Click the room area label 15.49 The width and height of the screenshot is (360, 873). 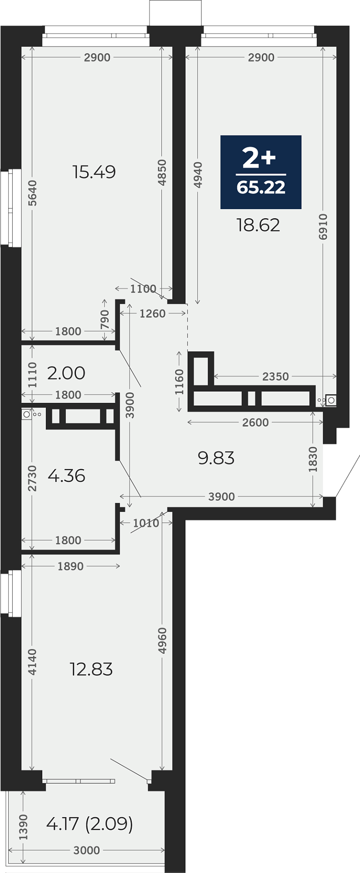click(94, 172)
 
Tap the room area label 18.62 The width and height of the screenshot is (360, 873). click(258, 225)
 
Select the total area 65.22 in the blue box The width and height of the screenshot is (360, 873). click(261, 187)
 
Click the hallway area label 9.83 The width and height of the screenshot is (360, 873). click(216, 458)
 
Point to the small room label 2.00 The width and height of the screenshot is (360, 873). click(66, 373)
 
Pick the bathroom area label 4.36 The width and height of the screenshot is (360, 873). click(66, 476)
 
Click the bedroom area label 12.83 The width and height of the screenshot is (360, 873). click(91, 669)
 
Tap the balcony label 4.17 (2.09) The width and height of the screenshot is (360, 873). click(90, 823)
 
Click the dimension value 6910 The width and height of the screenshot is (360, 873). click(323, 226)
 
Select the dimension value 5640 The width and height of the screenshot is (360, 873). click(32, 193)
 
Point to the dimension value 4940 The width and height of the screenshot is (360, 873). click(198, 175)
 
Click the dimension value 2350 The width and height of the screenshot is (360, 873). click(275, 376)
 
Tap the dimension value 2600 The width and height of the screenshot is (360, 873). click(255, 422)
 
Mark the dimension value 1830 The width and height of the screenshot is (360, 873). click(313, 459)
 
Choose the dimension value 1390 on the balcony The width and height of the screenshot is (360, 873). click(23, 827)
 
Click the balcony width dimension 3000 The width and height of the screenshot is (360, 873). click(86, 850)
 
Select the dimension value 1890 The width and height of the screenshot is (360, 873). click(70, 566)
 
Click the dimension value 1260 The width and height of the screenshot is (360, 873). click(153, 313)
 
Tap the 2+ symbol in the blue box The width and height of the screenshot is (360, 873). click(260, 158)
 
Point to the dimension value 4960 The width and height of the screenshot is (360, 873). click(162, 641)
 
